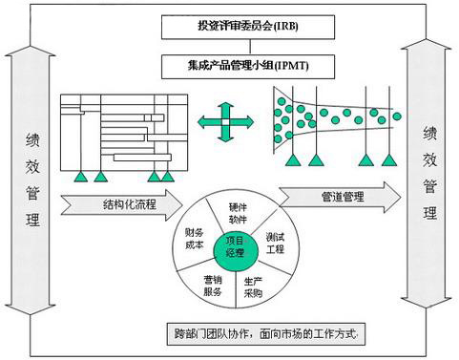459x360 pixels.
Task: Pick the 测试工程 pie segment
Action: tap(275, 242)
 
